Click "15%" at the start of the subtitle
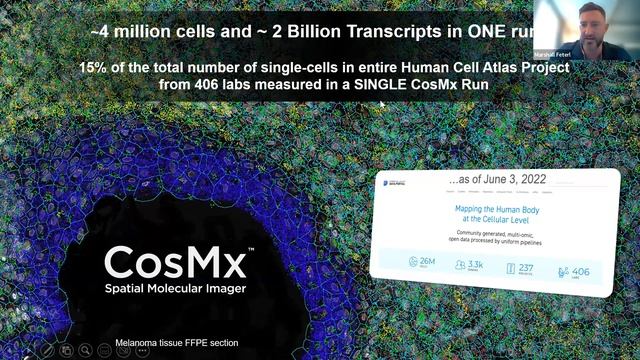click(x=97, y=68)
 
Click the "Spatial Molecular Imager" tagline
click(x=176, y=290)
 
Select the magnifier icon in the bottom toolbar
click(x=86, y=350)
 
